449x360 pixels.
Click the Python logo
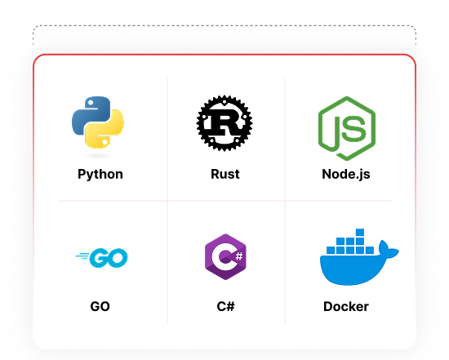click(x=98, y=122)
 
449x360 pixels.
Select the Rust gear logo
click(x=224, y=123)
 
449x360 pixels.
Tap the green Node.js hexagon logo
click(x=347, y=128)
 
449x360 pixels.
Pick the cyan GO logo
click(x=102, y=258)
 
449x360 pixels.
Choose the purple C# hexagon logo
click(x=225, y=256)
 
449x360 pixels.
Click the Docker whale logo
click(x=359, y=257)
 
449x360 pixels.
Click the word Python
click(x=100, y=175)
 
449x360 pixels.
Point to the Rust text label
click(x=225, y=174)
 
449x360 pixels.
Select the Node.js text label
click(x=346, y=175)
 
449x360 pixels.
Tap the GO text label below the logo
click(x=100, y=306)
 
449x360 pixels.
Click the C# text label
click(x=225, y=306)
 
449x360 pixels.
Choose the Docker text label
click(x=346, y=306)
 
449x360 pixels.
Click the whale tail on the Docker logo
click(x=388, y=250)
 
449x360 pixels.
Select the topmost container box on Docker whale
click(x=360, y=232)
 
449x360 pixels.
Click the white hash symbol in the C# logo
click(x=239, y=256)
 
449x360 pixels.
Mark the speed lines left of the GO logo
click(x=82, y=256)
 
